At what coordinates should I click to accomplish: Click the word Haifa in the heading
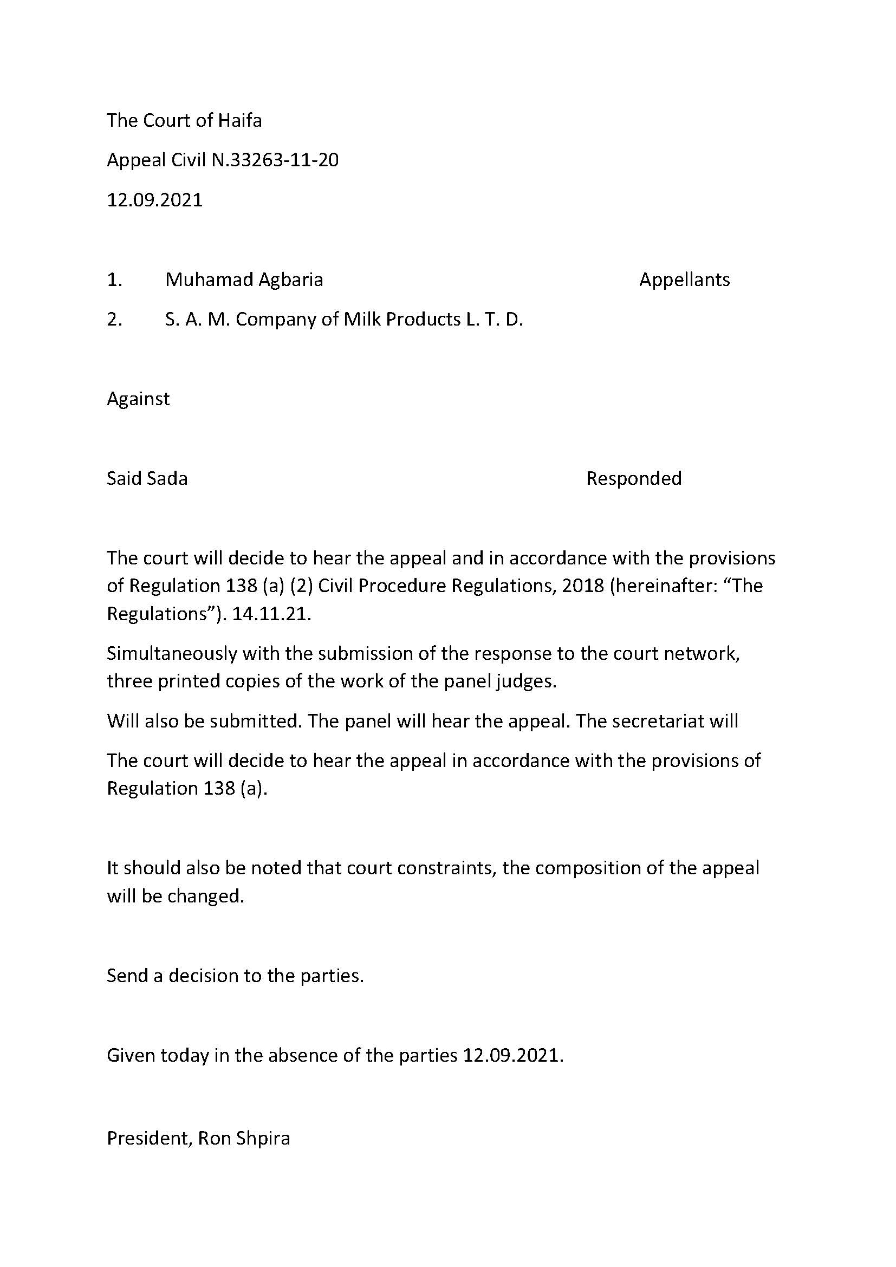coord(239,120)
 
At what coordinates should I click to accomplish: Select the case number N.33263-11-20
coord(275,160)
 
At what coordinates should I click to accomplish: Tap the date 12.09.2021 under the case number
coord(154,200)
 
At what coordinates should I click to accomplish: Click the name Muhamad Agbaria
coord(244,280)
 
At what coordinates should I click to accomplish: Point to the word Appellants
coord(684,280)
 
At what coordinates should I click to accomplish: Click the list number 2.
coord(114,320)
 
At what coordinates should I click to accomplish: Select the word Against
coord(138,399)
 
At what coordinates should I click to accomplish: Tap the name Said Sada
coord(147,478)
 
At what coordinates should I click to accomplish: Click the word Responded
coord(633,478)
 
